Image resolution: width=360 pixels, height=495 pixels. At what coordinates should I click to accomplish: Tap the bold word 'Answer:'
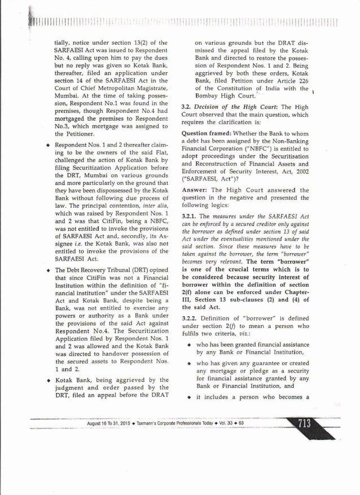[x=195, y=190]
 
